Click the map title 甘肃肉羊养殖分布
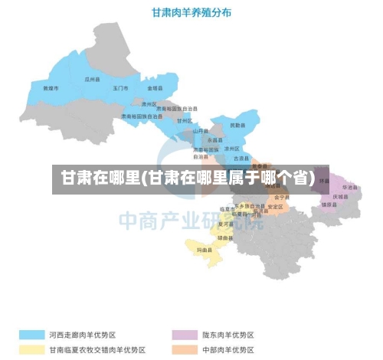coord(192,12)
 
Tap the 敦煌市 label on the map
coord(51,89)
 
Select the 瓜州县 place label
coord(93,79)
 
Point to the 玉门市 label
coord(121,89)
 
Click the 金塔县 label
coord(155,89)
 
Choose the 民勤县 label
coord(238,124)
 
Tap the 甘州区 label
coord(185,120)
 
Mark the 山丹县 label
coord(201,131)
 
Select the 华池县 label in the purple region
coord(350,187)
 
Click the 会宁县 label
coord(280,197)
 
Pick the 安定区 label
coord(276,207)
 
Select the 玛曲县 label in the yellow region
coord(205,250)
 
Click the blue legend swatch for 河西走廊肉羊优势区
coord(31,335)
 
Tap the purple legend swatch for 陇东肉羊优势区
coord(183,335)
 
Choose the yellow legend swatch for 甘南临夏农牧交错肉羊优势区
coord(31,349)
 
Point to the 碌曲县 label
coord(226,238)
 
